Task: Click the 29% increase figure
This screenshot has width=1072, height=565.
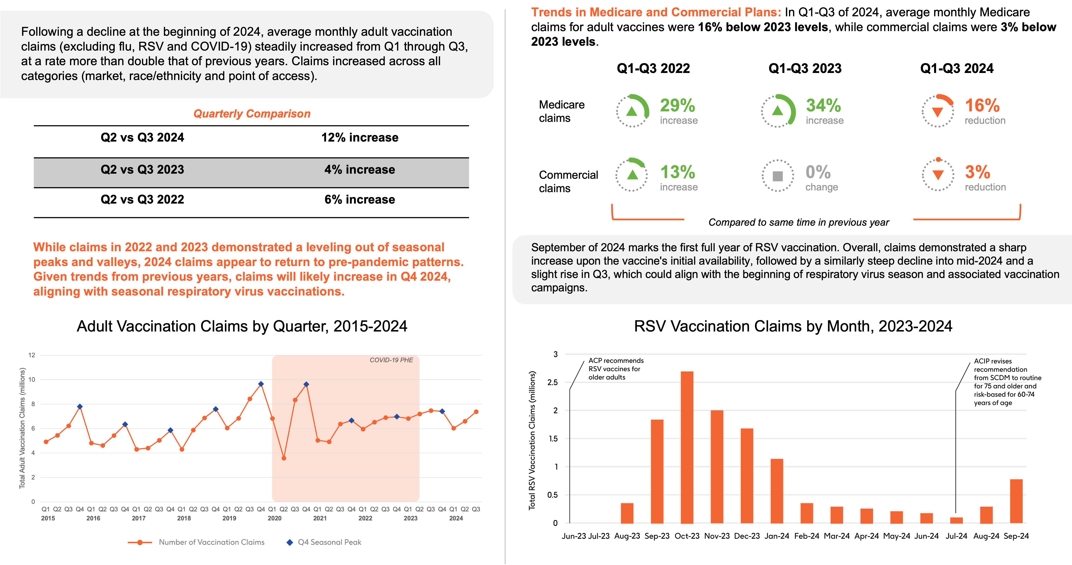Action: pos(677,106)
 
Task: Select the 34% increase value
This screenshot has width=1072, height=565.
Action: pos(823,106)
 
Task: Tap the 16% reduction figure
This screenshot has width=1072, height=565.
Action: pos(982,106)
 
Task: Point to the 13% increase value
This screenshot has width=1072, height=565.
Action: pos(677,172)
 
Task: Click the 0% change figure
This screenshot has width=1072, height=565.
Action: pos(818,172)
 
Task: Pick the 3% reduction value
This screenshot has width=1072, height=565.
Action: pos(977,172)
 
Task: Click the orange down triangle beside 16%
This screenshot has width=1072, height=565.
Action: pos(937,112)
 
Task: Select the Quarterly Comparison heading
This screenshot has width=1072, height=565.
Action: pos(252,114)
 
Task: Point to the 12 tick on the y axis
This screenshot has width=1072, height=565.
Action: pos(32,355)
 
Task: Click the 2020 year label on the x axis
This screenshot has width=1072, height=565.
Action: pos(274,518)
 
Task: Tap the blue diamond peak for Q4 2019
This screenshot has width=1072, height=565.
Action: pos(261,384)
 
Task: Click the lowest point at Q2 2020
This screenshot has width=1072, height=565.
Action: pos(284,458)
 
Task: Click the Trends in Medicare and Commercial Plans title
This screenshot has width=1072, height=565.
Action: pos(656,12)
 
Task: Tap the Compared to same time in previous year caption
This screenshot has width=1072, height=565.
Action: pos(798,222)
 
